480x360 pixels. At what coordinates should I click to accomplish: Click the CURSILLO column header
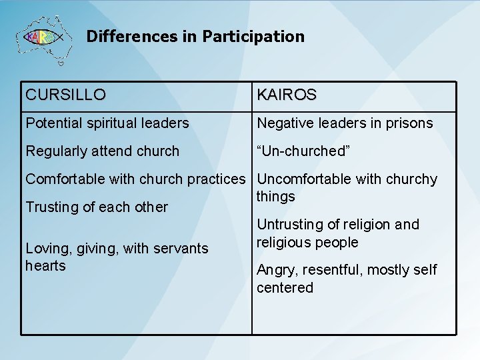pos(65,95)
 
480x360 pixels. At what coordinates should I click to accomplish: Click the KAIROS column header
pos(287,95)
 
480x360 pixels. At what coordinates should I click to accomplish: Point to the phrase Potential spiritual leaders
pos(107,123)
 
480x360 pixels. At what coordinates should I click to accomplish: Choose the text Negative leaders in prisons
pos(345,123)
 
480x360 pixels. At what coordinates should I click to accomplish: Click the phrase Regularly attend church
pos(102,151)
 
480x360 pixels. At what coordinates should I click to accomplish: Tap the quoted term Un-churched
pos(303,151)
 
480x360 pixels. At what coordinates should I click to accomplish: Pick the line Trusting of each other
pos(97,207)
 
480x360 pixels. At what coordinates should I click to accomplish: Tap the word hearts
pos(45,266)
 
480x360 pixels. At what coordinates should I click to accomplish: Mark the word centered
pos(285,288)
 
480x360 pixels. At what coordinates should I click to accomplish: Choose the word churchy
pos(414,179)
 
